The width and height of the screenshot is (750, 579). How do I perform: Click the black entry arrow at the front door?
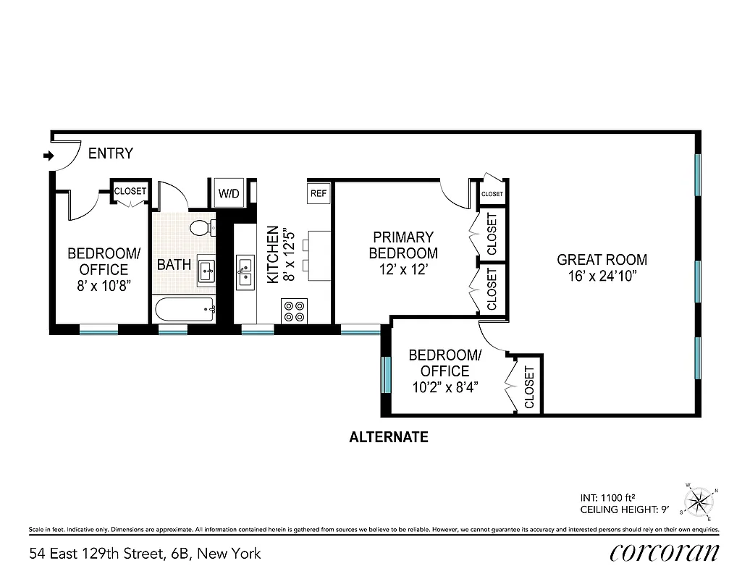coord(49,156)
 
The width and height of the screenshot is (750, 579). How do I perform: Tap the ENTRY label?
coord(111,153)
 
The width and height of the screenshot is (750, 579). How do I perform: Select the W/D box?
coord(229,194)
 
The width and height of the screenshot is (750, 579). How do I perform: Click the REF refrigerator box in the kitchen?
coord(319,193)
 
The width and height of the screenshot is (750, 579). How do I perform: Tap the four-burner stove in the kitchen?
coord(294,311)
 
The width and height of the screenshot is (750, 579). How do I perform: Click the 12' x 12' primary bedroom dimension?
coord(403,269)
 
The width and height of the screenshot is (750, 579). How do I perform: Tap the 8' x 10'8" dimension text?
coord(104,285)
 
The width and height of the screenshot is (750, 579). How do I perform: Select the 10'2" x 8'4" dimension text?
coord(444,386)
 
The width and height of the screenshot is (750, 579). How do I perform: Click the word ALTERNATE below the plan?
coord(389,437)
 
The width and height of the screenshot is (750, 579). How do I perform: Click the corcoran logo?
coord(665,553)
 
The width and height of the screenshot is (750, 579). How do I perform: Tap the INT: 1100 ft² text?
coord(607,497)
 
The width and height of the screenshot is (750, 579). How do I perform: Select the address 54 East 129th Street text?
coord(145,554)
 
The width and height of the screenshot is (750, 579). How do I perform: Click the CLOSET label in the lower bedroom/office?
coord(529,387)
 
